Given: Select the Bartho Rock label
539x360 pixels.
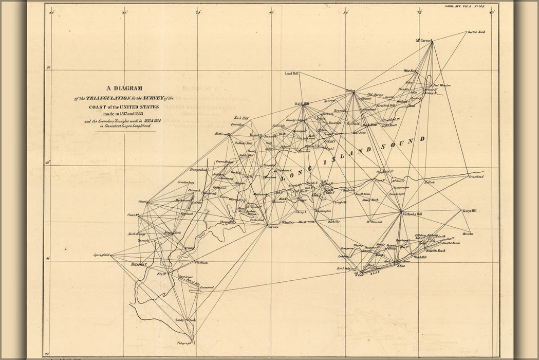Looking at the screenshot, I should pos(476,32).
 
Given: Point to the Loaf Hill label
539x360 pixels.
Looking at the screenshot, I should pos(292,74).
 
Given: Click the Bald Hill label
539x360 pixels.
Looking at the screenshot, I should pos(302,103).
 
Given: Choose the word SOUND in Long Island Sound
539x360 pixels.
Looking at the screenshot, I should pos(408,142).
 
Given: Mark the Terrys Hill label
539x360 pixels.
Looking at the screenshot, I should pos(469,211).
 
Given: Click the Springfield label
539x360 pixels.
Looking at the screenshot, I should pos(102,255).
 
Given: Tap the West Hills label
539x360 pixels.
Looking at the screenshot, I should pos(307,222).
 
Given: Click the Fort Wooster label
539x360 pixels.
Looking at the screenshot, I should pos(441,85).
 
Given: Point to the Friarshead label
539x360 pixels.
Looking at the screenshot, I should pos(476,176).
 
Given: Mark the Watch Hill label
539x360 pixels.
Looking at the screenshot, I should pos(420,257).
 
